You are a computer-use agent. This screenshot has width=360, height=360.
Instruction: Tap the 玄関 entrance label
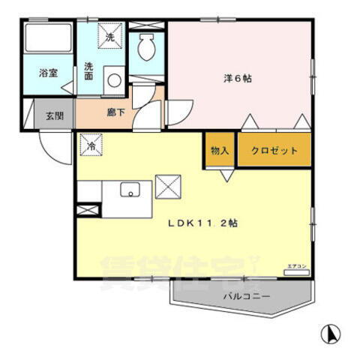tap(53, 115)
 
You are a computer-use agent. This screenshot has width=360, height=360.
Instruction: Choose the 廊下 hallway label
tap(115, 112)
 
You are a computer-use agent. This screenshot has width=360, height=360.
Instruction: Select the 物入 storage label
tap(220, 151)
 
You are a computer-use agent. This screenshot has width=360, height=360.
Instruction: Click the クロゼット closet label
tap(274, 151)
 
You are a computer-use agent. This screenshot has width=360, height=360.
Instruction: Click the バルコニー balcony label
tap(241, 296)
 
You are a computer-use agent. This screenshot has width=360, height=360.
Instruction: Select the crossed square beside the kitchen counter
tap(167, 185)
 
